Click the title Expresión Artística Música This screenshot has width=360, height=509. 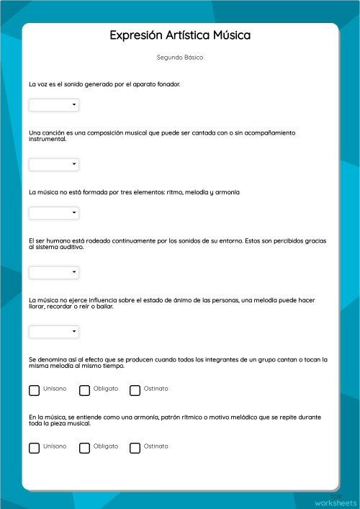tap(180, 35)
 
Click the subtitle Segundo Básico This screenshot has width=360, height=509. tap(180, 57)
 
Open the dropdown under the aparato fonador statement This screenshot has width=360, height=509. tap(54, 105)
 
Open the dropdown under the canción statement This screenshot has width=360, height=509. tap(54, 165)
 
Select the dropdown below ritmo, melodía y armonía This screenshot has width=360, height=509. tap(54, 213)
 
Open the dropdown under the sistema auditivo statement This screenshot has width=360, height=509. tap(54, 272)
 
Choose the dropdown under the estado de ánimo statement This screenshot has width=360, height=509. tap(54, 332)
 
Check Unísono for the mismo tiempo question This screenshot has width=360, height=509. tap(34, 390)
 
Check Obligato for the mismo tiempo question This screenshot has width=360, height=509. tap(84, 390)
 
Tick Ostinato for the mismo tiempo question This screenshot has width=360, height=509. tap(135, 390)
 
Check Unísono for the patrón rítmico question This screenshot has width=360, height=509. tap(34, 448)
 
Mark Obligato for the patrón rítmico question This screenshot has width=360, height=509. tap(84, 448)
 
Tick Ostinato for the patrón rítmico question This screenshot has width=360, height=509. tap(135, 448)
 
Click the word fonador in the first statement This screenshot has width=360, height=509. tap(168, 84)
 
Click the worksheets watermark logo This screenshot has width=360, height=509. tap(336, 501)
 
